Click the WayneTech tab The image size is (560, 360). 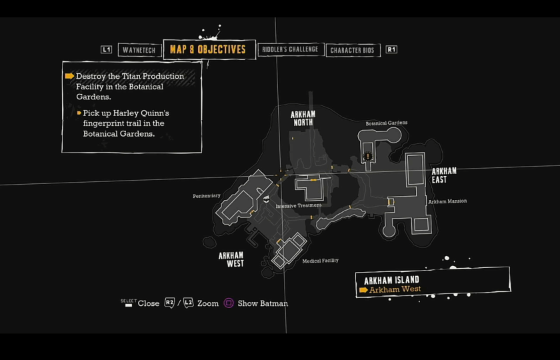(139, 50)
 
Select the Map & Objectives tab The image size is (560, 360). (208, 49)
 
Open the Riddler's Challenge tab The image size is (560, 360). (289, 49)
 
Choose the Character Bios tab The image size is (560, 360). (353, 50)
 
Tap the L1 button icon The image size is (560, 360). (106, 49)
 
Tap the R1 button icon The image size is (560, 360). (391, 49)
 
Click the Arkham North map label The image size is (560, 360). (303, 118)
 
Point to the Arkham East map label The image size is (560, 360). (444, 175)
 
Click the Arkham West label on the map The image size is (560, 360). (231, 259)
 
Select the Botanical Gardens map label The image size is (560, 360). (386, 123)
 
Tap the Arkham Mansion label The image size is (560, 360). (447, 201)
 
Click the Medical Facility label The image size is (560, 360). (321, 261)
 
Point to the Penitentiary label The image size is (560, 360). (207, 196)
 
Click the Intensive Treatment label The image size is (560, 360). (298, 206)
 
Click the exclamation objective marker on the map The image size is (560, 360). (367, 157)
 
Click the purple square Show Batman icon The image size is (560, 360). (229, 303)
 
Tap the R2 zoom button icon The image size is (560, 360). (169, 303)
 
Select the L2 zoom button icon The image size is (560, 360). (188, 303)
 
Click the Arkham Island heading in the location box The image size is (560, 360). (391, 280)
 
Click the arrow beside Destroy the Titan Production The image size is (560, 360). (69, 77)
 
